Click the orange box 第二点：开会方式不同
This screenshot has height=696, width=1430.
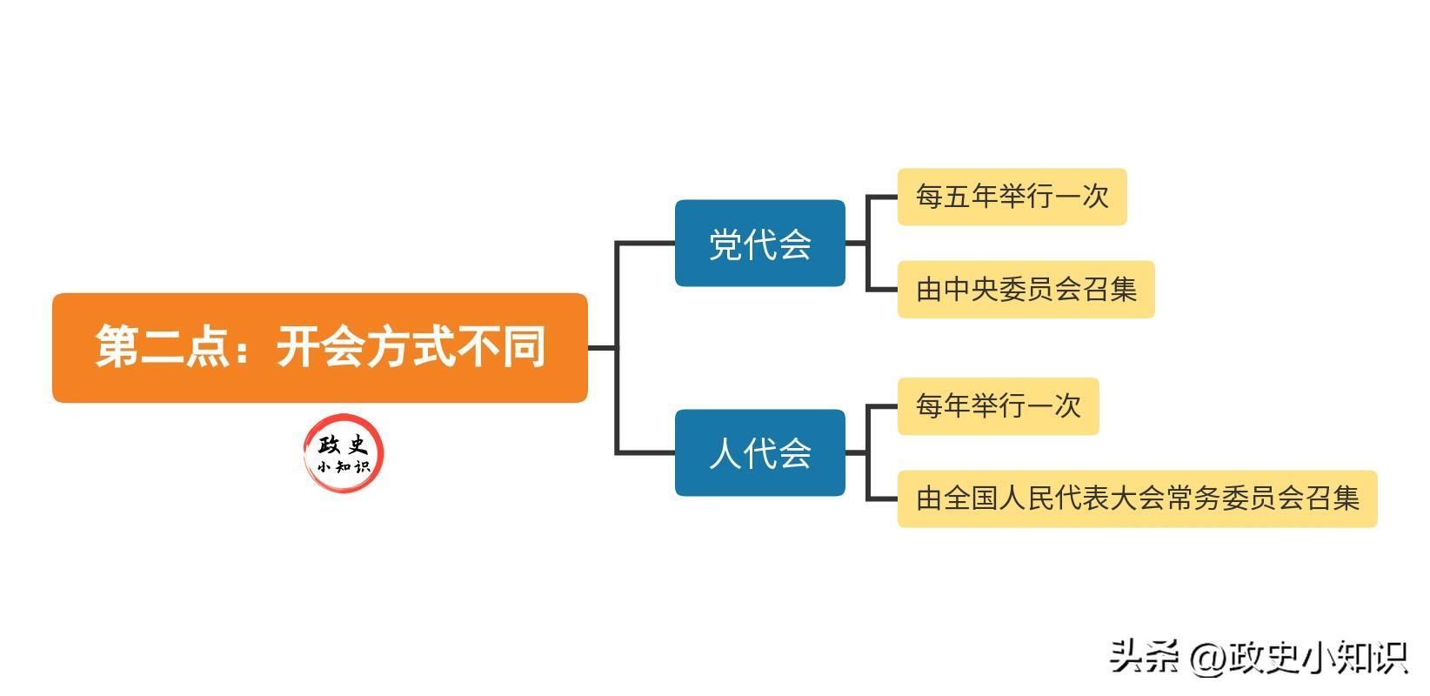[319, 347]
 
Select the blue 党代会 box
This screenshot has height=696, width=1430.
[759, 243]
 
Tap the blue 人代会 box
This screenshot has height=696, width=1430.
[759, 452]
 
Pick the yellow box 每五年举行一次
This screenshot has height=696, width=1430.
[1012, 197]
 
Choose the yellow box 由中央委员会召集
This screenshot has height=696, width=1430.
[1026, 289]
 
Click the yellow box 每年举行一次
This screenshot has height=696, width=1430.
[998, 406]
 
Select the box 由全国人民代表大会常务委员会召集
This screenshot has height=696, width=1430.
[1137, 499]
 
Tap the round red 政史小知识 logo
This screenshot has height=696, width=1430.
[344, 452]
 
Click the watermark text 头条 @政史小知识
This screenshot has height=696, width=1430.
[1258, 657]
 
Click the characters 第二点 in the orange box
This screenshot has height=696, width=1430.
[162, 347]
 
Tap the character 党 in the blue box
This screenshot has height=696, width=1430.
[725, 244]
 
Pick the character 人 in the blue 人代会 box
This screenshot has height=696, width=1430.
[725, 453]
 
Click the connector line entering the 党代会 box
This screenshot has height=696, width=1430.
[645, 243]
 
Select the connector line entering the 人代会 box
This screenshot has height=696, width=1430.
[645, 452]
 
